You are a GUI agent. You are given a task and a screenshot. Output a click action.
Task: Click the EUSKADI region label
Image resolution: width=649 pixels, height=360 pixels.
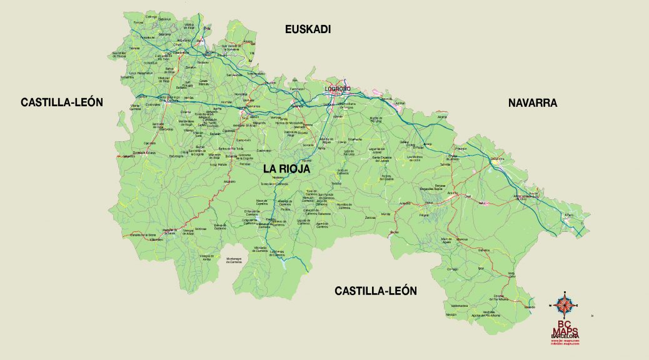click(x=307, y=29)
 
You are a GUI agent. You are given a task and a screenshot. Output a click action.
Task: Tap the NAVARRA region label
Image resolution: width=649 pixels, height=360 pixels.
click(x=532, y=102)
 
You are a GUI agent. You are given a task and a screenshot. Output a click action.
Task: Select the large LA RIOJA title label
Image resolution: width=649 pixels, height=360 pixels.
click(x=287, y=168)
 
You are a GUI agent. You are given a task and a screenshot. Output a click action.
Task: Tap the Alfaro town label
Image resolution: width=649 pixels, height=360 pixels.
click(x=568, y=215)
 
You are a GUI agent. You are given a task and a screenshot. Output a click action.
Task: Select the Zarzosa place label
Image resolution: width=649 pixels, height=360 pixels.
click(x=371, y=217)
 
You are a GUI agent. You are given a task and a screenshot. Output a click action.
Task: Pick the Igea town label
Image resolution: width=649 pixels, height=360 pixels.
click(x=481, y=268)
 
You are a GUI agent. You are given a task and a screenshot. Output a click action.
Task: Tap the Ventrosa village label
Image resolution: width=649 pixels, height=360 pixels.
click(x=201, y=229)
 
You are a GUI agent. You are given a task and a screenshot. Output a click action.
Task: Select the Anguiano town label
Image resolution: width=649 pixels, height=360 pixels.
click(x=229, y=182)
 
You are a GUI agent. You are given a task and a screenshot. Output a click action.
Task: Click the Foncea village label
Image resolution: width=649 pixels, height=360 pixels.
click(x=138, y=22)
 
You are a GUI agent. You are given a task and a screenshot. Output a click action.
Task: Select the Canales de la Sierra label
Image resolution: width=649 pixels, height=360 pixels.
click(x=143, y=235)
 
